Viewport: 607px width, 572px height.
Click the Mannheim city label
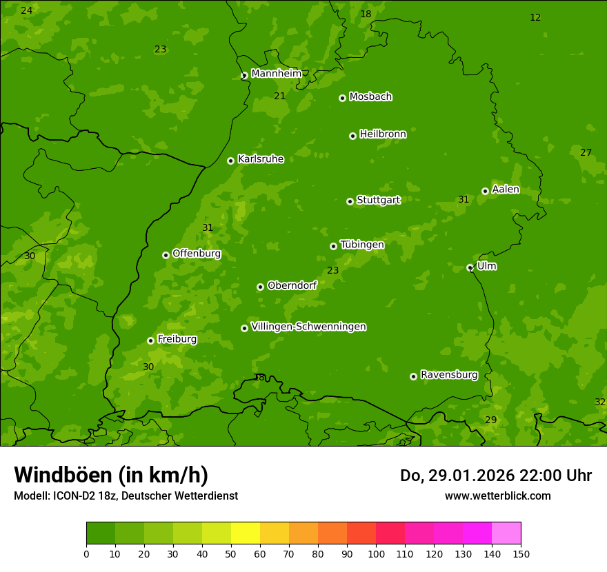coord(277,74)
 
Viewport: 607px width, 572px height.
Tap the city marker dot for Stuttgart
coord(350,201)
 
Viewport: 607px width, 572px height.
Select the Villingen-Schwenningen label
coord(308,327)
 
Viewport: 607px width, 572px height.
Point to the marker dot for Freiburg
coord(150,340)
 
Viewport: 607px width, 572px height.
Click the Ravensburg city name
coord(449,375)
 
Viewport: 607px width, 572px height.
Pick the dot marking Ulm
coord(470,267)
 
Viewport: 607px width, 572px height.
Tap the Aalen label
coord(506,190)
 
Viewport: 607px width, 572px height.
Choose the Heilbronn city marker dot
coord(352,136)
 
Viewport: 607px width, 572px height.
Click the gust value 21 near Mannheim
coord(279,96)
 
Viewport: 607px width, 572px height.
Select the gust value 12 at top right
coord(535,17)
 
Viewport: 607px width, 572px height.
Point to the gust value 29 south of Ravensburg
coord(490,420)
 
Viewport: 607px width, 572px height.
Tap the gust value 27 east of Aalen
coord(586,152)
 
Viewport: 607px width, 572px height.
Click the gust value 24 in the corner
coord(26,10)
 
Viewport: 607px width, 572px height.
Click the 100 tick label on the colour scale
coord(376,553)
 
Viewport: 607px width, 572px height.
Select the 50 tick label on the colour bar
coord(231,553)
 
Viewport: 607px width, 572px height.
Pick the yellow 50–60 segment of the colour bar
coord(246,533)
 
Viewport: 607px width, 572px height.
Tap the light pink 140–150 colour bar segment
coord(506,533)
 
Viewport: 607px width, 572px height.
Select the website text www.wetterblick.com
coord(497,496)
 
